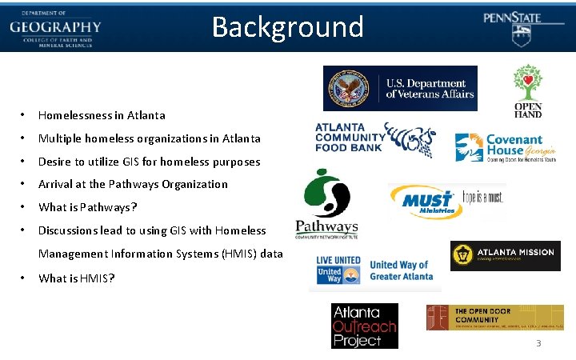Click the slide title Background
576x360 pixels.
pyautogui.click(x=287, y=27)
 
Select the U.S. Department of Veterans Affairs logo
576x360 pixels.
pyautogui.click(x=400, y=88)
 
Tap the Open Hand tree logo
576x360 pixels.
pyautogui.click(x=527, y=90)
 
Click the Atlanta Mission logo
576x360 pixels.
pyautogui.click(x=505, y=255)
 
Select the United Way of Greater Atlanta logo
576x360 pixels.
pyautogui.click(x=374, y=271)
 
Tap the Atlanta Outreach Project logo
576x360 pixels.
pyautogui.click(x=364, y=326)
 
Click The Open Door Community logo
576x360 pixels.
pyautogui.click(x=494, y=318)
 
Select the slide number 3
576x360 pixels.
pyautogui.click(x=538, y=343)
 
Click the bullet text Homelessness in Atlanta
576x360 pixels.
pyautogui.click(x=102, y=115)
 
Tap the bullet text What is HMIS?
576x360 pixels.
pyautogui.click(x=77, y=278)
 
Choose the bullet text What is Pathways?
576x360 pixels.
pyautogui.click(x=88, y=207)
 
